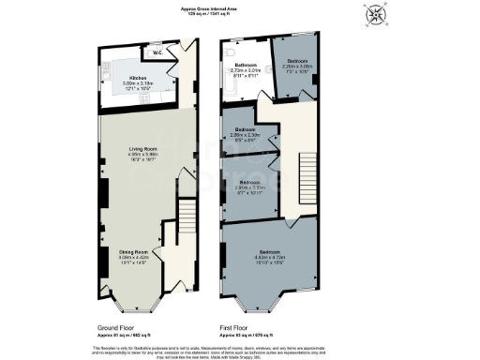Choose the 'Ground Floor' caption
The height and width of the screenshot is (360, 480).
click(118, 328)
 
